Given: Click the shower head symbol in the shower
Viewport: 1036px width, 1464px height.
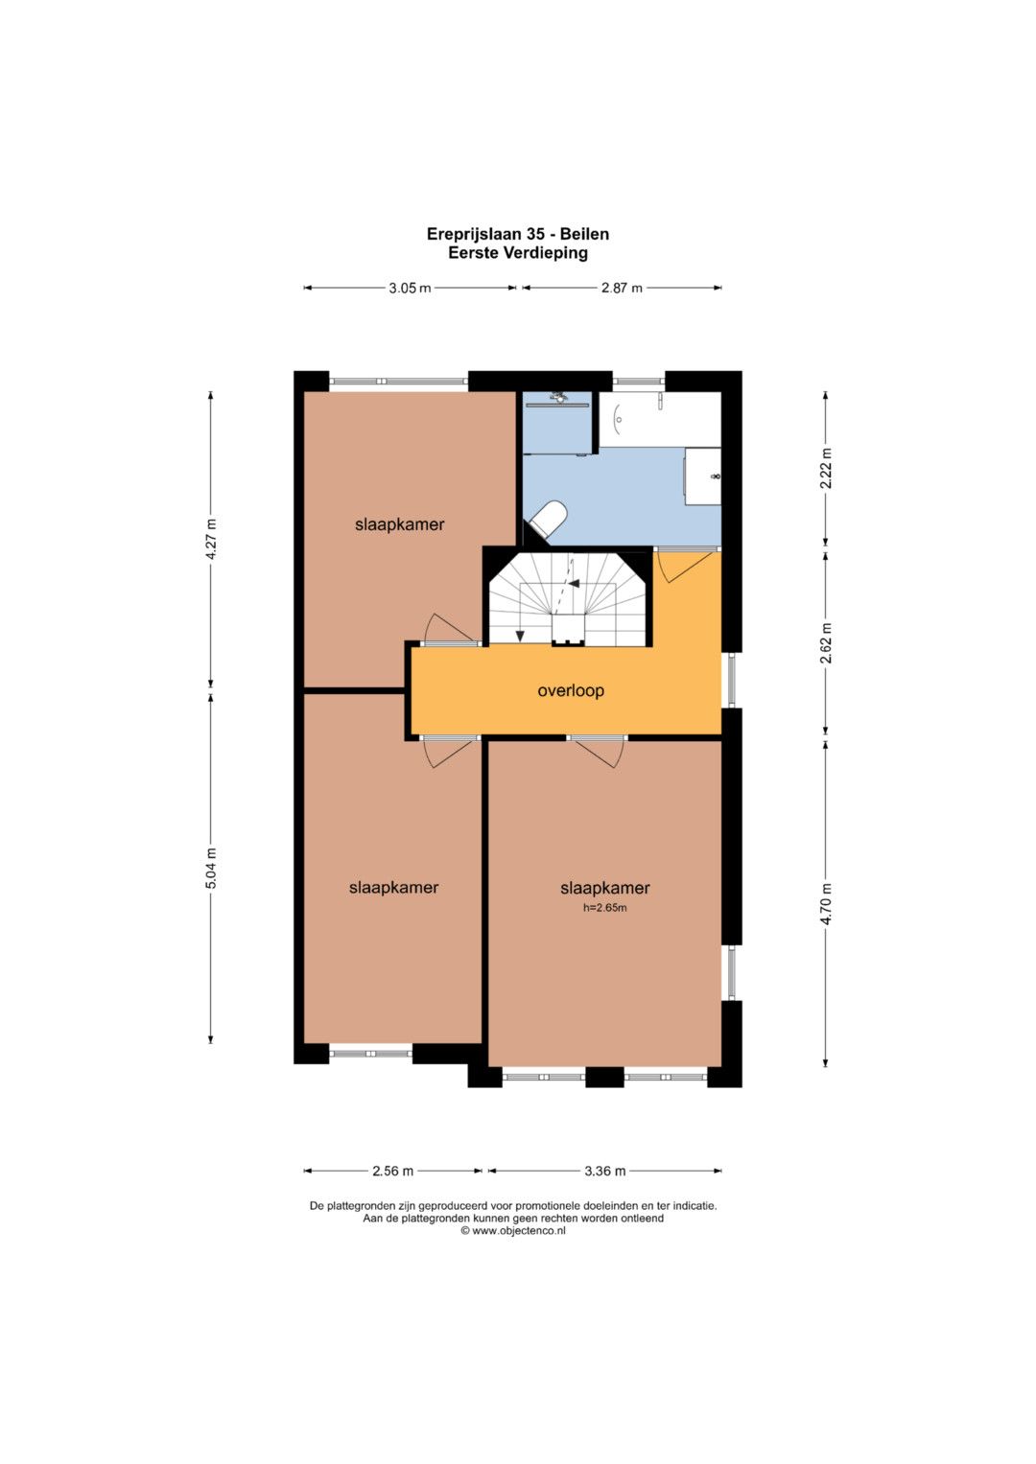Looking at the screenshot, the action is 559,397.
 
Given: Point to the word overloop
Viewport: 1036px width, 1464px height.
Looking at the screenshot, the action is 571,691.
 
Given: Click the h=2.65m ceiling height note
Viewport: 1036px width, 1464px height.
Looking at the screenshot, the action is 605,908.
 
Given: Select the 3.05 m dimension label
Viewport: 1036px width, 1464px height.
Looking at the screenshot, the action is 411,289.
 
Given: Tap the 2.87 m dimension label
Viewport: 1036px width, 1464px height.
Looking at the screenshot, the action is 622,289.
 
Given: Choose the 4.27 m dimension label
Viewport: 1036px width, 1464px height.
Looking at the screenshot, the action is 211,540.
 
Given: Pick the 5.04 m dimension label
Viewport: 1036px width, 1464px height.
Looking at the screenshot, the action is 211,868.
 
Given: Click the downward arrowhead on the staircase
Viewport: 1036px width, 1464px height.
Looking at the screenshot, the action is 519,636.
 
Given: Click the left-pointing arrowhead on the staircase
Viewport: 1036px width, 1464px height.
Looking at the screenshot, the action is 574,584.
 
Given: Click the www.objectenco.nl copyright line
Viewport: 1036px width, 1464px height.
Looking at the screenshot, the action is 513,1231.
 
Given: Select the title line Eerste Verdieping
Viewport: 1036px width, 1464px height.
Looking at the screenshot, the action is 518,253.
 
